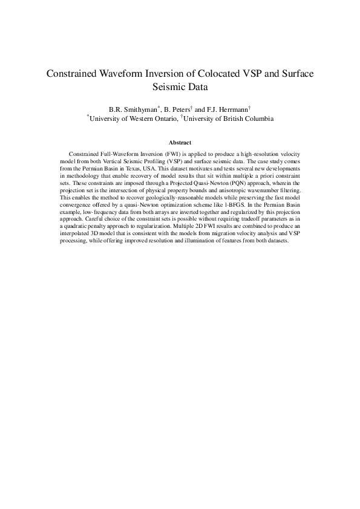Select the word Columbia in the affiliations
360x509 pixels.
[255, 119]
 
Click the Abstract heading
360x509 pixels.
[180, 143]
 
